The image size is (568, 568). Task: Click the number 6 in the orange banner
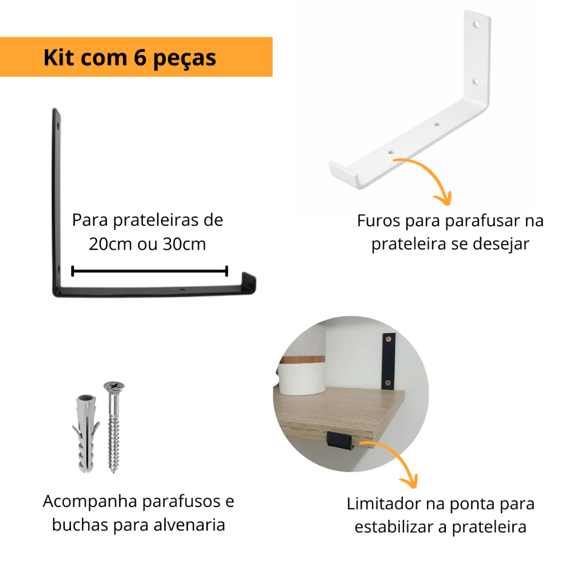[140, 58]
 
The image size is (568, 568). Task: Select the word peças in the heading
[184, 59]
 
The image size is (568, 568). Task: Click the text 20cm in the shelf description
[110, 244]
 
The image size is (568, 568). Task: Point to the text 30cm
[184, 244]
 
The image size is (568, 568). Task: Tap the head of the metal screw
[114, 386]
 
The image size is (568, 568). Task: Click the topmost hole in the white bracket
[476, 25]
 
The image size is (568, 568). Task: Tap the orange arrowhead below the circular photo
[409, 481]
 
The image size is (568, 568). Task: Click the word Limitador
[385, 504]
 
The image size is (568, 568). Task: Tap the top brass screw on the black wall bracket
[389, 339]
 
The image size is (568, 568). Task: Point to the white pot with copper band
[302, 375]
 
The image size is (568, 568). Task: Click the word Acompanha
[90, 502]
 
